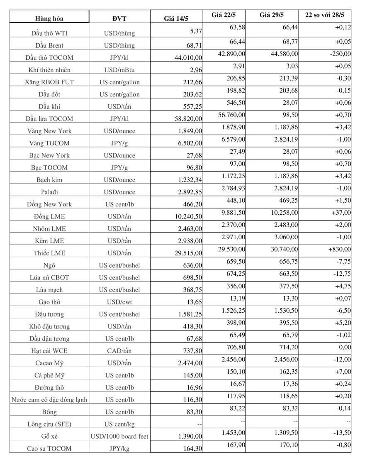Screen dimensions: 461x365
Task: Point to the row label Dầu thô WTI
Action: pyautogui.click(x=49, y=33)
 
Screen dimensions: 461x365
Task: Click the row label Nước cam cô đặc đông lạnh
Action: pyautogui.click(x=49, y=400)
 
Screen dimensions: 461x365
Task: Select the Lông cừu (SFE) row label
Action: pyautogui.click(x=49, y=424)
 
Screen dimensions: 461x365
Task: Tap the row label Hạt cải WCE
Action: pyautogui.click(x=49, y=351)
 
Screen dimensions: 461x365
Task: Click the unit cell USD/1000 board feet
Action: pyautogui.click(x=119, y=436)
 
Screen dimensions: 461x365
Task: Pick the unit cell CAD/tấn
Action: pyautogui.click(x=119, y=351)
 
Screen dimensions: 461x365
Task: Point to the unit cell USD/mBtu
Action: pyautogui.click(x=119, y=70)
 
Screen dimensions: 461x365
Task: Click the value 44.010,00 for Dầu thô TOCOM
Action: pyautogui.click(x=188, y=58)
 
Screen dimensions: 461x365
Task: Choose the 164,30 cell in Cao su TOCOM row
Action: pyautogui.click(x=193, y=449)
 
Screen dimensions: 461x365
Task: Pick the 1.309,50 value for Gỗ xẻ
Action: pyautogui.click(x=283, y=432)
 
